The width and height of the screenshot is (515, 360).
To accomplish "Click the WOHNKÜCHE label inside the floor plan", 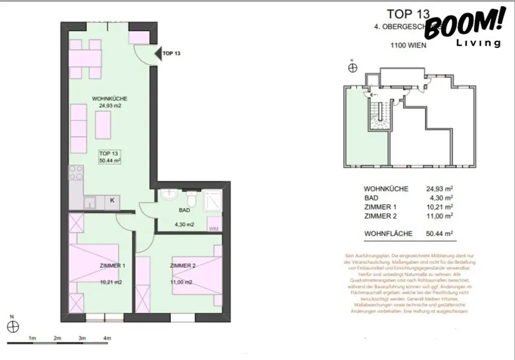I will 110,99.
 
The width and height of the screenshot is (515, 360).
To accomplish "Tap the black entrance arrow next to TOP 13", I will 157,53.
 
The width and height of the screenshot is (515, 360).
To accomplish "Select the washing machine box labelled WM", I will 214,224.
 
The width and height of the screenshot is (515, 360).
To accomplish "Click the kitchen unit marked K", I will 112,201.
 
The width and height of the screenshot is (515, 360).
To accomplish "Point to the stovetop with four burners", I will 75,173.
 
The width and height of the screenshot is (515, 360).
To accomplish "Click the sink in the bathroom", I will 167,195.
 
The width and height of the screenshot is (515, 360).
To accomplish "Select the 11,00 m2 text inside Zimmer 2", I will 181,283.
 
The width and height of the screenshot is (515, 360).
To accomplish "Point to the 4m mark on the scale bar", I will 106,338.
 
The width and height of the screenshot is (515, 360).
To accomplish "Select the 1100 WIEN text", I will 408,45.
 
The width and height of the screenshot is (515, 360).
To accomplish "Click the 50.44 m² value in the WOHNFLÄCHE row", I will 439,233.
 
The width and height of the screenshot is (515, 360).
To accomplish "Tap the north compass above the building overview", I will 353,67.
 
